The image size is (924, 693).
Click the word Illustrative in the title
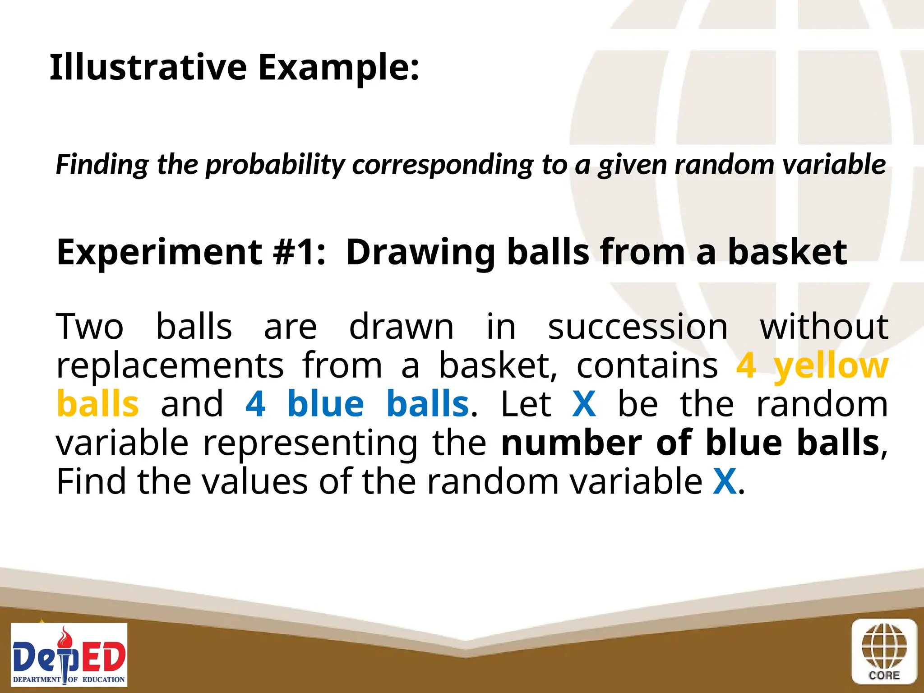[x=148, y=67]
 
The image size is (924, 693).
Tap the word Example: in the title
[x=338, y=68]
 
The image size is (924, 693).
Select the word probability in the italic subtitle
[x=275, y=164]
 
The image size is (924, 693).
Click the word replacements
[x=170, y=365]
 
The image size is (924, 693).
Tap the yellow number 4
[x=746, y=365]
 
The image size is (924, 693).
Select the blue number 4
[x=255, y=404]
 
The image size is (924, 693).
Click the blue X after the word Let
[x=584, y=404]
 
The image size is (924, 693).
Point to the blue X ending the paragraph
[x=725, y=481]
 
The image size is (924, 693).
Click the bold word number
[x=571, y=443]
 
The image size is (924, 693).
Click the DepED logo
[x=69, y=655]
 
